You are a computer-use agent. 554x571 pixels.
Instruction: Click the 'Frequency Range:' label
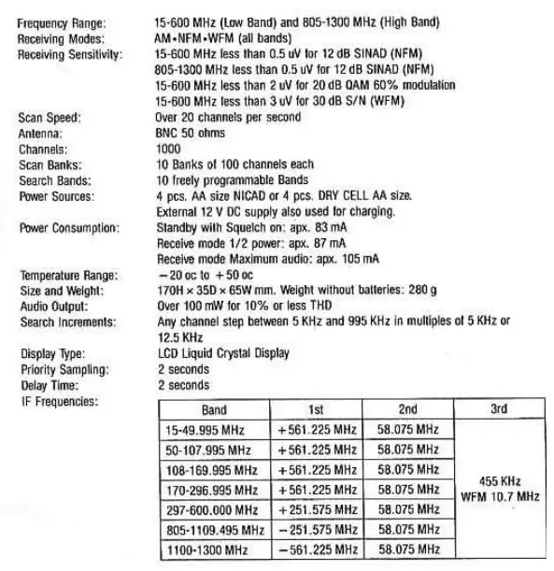pyautogui.click(x=62, y=21)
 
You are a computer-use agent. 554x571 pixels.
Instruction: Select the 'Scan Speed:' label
pyautogui.click(x=50, y=118)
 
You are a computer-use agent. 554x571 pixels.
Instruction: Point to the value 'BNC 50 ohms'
pyautogui.click(x=191, y=134)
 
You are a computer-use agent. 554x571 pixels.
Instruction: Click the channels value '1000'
pyautogui.click(x=168, y=149)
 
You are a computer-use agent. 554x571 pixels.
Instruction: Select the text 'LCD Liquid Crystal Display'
pyautogui.click(x=222, y=353)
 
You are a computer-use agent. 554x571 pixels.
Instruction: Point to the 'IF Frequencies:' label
pyautogui.click(x=57, y=401)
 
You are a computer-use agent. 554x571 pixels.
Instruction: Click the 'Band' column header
pyautogui.click(x=214, y=410)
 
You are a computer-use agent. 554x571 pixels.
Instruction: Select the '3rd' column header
pyautogui.click(x=499, y=410)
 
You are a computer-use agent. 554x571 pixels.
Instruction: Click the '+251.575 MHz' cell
pyautogui.click(x=318, y=510)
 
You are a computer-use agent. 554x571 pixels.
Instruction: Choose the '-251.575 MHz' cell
pyautogui.click(x=318, y=530)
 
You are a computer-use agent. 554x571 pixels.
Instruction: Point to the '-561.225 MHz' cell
pyautogui.click(x=318, y=550)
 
